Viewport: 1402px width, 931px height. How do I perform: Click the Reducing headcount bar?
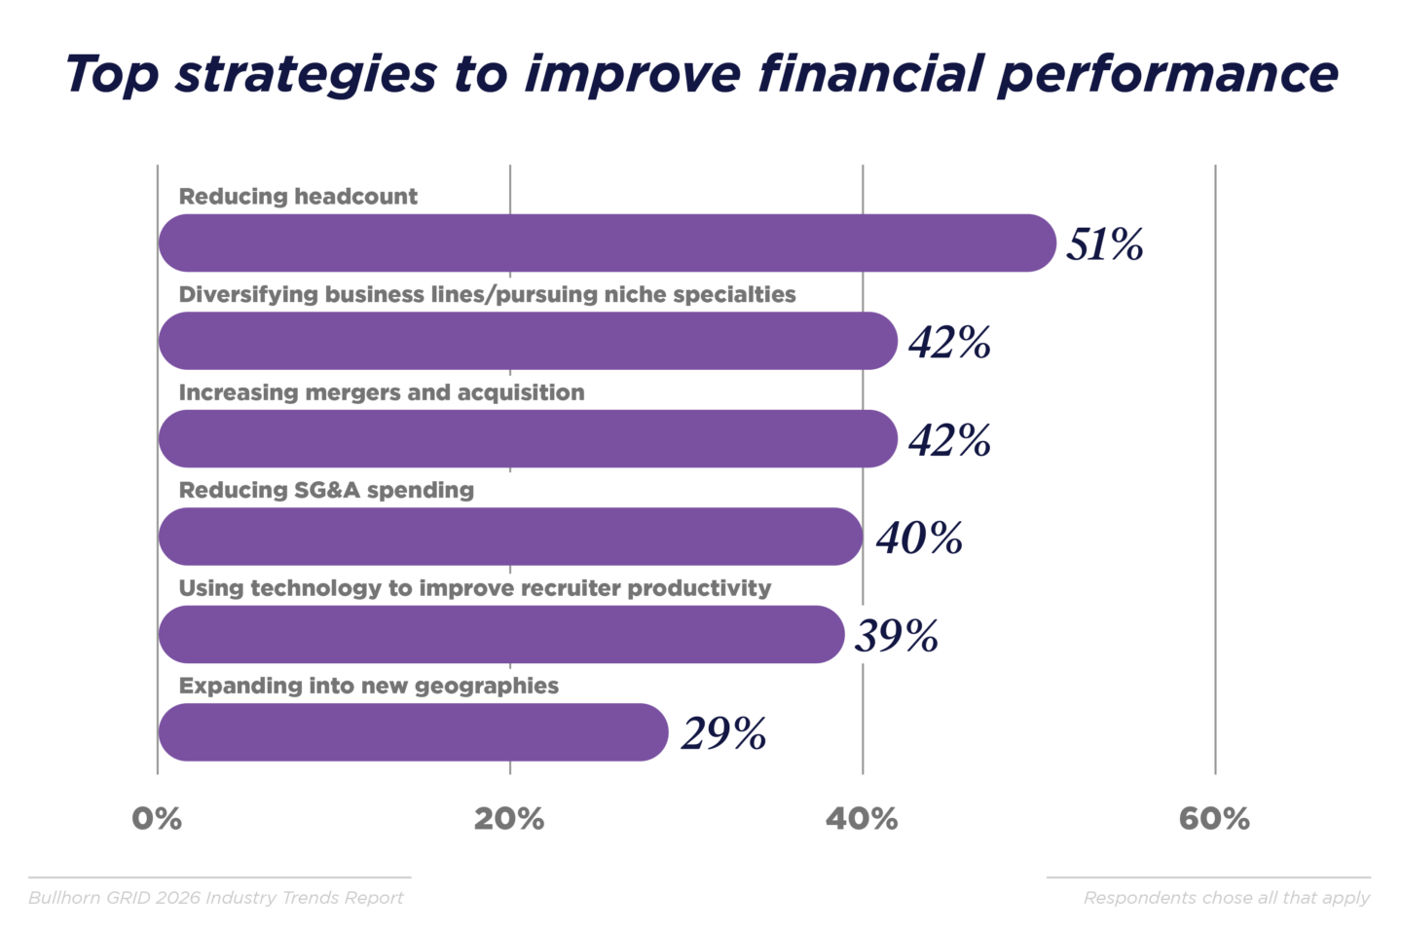[x=606, y=242]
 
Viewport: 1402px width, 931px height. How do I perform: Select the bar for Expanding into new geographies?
[x=413, y=732]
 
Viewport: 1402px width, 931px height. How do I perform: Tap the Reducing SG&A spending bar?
[x=510, y=537]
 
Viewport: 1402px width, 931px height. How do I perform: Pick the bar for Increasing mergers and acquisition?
[x=527, y=438]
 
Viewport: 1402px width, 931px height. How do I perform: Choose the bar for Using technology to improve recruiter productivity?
[x=500, y=635]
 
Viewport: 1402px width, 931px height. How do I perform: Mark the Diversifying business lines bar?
[x=527, y=341]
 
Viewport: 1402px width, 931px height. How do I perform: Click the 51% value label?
[x=1104, y=243]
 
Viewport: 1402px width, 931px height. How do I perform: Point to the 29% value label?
[x=723, y=733]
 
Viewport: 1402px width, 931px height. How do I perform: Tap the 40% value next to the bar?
[x=919, y=538]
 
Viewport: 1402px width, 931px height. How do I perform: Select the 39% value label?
[x=896, y=636]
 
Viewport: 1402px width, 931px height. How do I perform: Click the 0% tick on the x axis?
[x=157, y=819]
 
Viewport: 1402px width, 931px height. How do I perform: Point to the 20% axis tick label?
[x=509, y=819]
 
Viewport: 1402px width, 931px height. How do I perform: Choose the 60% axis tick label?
[x=1214, y=819]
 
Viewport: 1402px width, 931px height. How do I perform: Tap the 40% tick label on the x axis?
[x=862, y=819]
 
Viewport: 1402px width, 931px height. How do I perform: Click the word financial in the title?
[x=870, y=74]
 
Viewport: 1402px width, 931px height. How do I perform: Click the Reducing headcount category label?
[x=298, y=197]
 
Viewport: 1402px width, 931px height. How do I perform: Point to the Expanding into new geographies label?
[x=368, y=686]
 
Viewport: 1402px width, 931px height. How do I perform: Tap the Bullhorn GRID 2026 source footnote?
[x=215, y=898]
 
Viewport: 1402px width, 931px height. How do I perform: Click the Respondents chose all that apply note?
[x=1226, y=898]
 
